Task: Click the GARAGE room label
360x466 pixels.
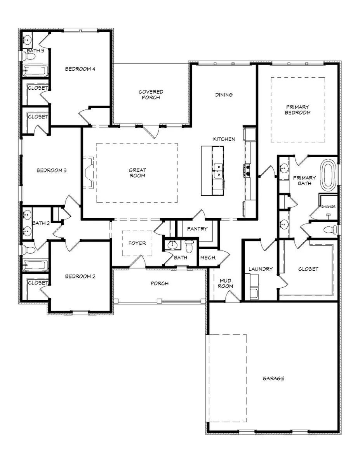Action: point(273,379)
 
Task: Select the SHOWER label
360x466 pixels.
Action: point(328,207)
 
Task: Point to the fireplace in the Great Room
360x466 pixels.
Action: point(88,173)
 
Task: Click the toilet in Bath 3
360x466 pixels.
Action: point(28,56)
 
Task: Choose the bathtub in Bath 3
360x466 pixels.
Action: point(35,71)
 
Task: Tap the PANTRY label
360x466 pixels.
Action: point(197,229)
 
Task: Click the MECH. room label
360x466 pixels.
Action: point(208,257)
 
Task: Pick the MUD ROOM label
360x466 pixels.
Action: point(226,283)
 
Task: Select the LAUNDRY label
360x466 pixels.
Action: point(261,269)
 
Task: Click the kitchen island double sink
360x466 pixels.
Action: point(218,170)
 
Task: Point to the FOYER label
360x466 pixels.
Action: point(137,243)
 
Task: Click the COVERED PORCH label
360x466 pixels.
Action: point(151,95)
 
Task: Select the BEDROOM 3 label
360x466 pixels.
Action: point(52,170)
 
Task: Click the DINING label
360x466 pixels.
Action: point(224,95)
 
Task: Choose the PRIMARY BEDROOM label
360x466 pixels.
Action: point(298,110)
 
